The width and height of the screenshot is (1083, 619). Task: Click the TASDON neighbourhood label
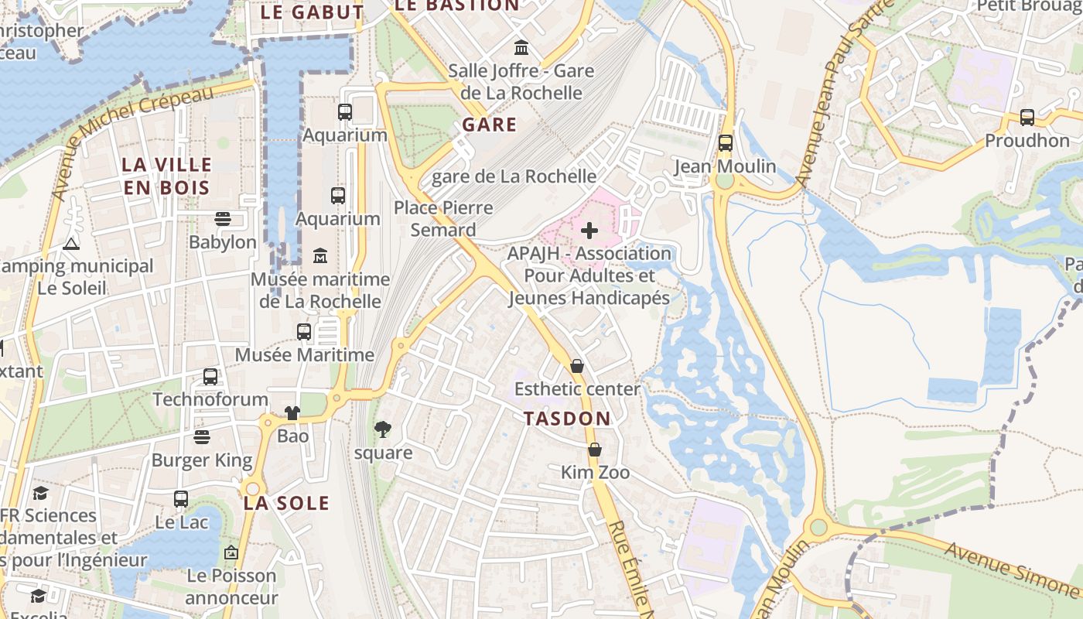click(x=567, y=419)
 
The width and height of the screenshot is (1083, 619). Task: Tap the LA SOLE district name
click(x=286, y=503)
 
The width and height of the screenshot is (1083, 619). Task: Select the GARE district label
click(x=489, y=125)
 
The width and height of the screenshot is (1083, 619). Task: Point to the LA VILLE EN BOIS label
click(x=166, y=176)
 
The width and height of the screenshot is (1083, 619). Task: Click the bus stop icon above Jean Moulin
click(x=725, y=143)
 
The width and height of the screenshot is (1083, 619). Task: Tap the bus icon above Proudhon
click(x=1027, y=118)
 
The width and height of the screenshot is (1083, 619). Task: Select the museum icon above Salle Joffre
click(x=521, y=48)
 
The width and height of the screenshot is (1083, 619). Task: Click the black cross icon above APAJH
click(x=589, y=231)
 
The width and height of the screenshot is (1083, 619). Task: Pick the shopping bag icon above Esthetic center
click(x=577, y=366)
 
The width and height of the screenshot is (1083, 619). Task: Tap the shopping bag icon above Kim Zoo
click(x=595, y=450)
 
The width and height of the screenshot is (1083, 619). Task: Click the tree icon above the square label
click(x=382, y=429)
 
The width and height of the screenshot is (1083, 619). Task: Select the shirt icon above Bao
click(x=292, y=413)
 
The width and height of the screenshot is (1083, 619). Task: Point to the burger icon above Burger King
click(x=202, y=438)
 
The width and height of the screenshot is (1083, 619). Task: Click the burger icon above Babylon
click(x=223, y=219)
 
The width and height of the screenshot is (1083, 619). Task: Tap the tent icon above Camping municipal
click(x=71, y=244)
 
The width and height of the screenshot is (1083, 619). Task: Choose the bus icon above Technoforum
click(x=210, y=377)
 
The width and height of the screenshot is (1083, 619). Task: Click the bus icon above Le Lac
click(x=181, y=499)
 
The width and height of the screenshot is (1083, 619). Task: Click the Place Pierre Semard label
click(x=443, y=219)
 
